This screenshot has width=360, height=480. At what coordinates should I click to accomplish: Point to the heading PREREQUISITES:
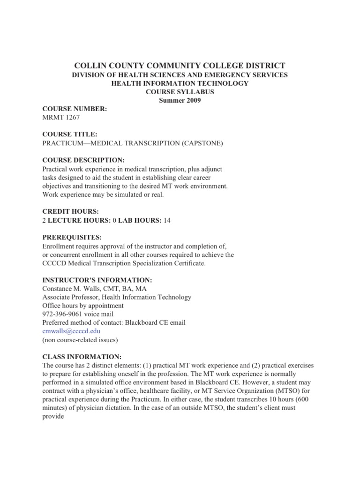pyautogui.click(x=72, y=237)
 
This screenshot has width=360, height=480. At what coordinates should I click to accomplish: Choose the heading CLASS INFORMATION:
pyautogui.click(x=82, y=356)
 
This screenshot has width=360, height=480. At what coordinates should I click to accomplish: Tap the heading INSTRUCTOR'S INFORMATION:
pyautogui.click(x=97, y=280)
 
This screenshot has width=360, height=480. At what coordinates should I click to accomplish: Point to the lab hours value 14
pyautogui.click(x=166, y=220)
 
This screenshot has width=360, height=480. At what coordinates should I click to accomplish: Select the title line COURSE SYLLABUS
pyautogui.click(x=180, y=92)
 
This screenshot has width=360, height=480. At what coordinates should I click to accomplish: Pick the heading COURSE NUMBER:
pyautogui.click(x=75, y=109)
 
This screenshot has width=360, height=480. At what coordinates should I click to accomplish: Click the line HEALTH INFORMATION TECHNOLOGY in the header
pyautogui.click(x=180, y=83)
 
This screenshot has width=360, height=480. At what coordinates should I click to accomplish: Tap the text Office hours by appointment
pyautogui.click(x=83, y=306)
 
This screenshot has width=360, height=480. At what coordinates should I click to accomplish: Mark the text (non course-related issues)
pyautogui.click(x=80, y=339)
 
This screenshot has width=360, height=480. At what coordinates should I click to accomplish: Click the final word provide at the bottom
pyautogui.click(x=53, y=416)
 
